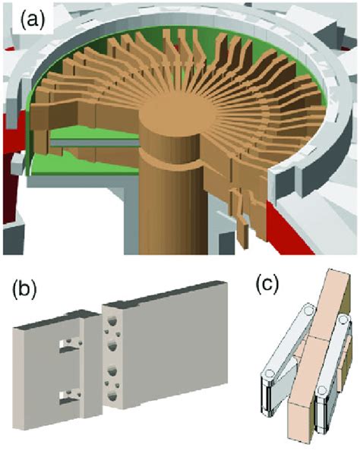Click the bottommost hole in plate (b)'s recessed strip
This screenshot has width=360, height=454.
click(x=115, y=399)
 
